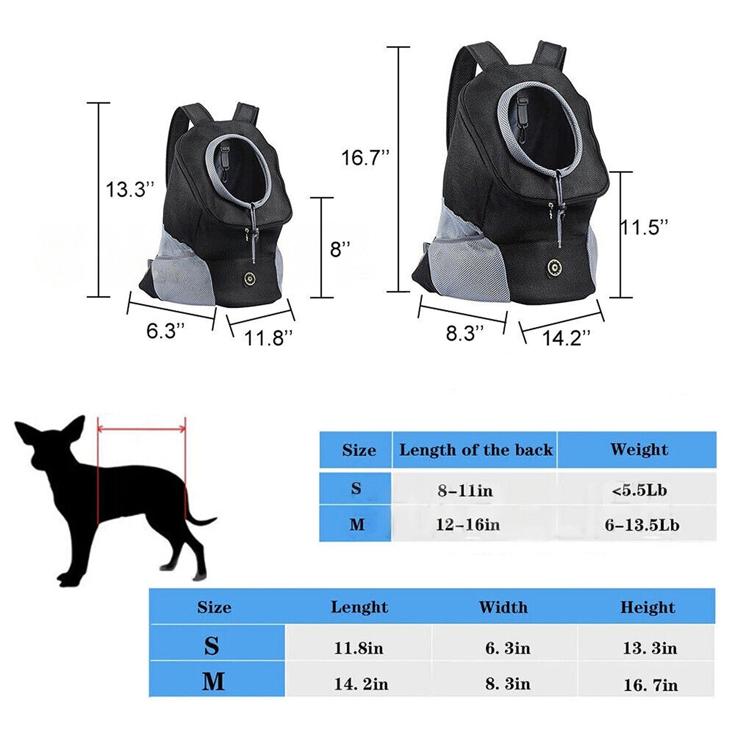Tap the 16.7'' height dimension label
click(x=366, y=158)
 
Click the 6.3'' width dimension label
click(x=166, y=330)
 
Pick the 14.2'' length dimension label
click(x=567, y=338)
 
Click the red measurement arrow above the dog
click(x=141, y=429)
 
